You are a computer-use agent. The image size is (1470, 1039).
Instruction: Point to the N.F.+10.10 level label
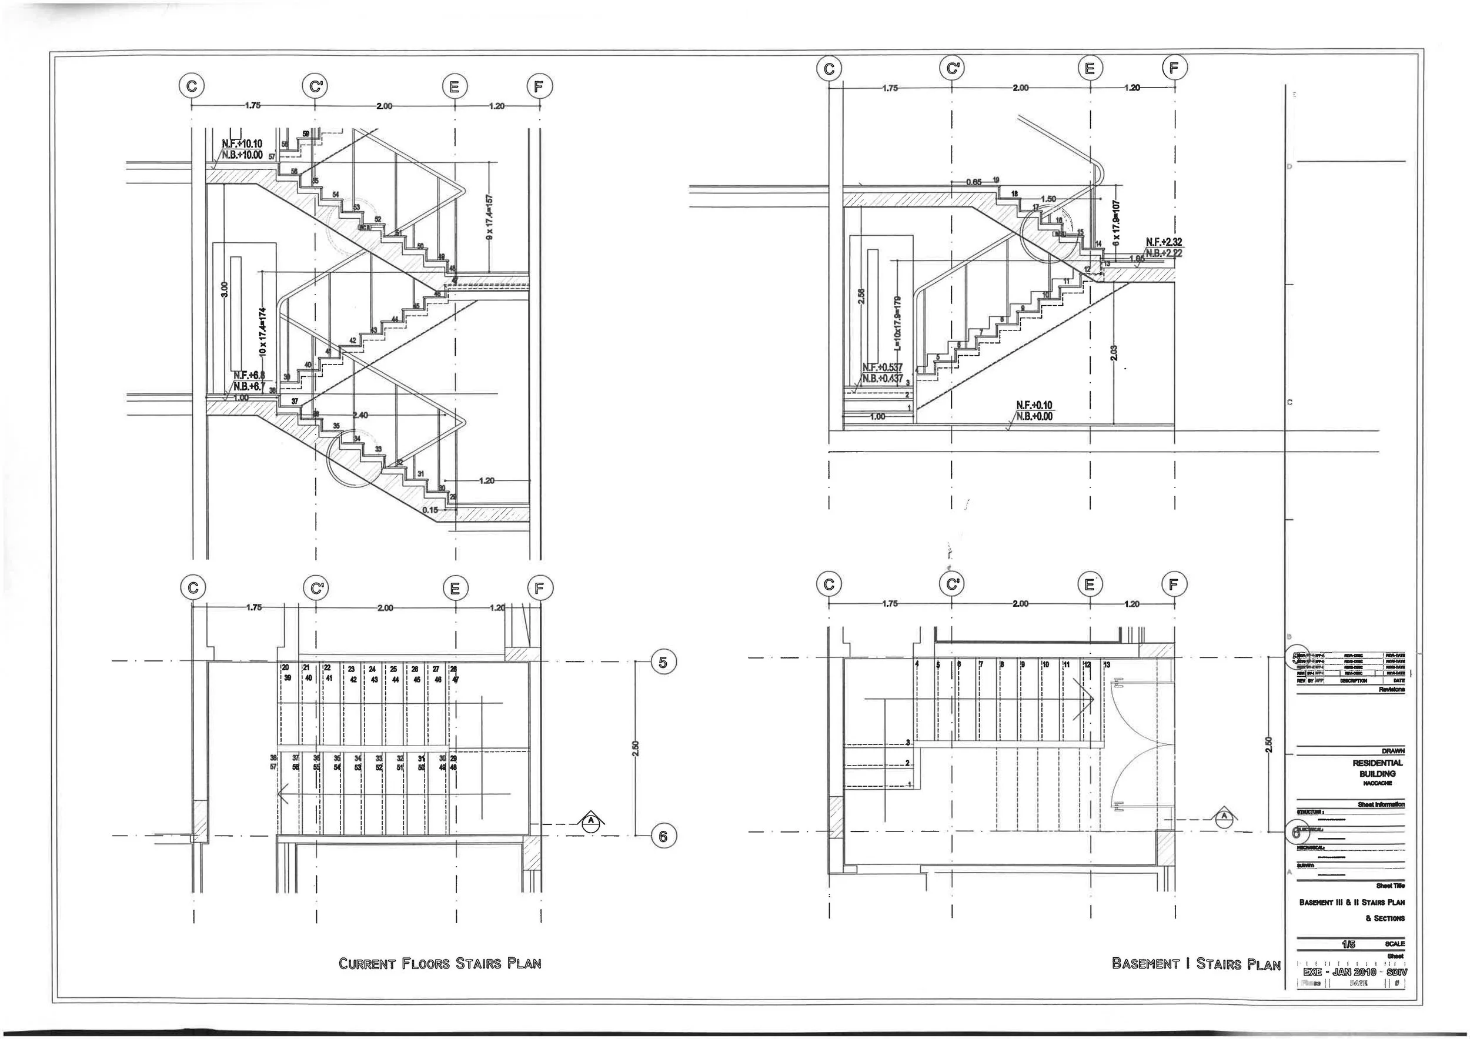pos(242,144)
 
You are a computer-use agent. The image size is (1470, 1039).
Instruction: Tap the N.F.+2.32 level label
pos(1164,243)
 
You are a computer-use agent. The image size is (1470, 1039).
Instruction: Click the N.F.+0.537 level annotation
pos(882,368)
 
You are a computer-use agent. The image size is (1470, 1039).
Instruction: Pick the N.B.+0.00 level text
pos(1034,417)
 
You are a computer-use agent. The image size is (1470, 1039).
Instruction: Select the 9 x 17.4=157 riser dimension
pos(490,218)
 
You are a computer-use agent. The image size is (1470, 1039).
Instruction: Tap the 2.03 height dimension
pos(1114,353)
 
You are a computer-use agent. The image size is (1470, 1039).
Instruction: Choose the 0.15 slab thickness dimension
pos(430,510)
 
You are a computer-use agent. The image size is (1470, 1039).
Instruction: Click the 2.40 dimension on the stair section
pos(360,416)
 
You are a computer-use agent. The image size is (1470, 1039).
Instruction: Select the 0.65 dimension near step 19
pos(973,182)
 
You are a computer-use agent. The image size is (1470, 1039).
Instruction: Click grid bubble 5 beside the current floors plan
pos(663,662)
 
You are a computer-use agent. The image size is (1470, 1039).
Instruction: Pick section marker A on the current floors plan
pos(592,821)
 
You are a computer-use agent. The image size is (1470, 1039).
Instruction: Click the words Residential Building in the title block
pos(1377,768)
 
